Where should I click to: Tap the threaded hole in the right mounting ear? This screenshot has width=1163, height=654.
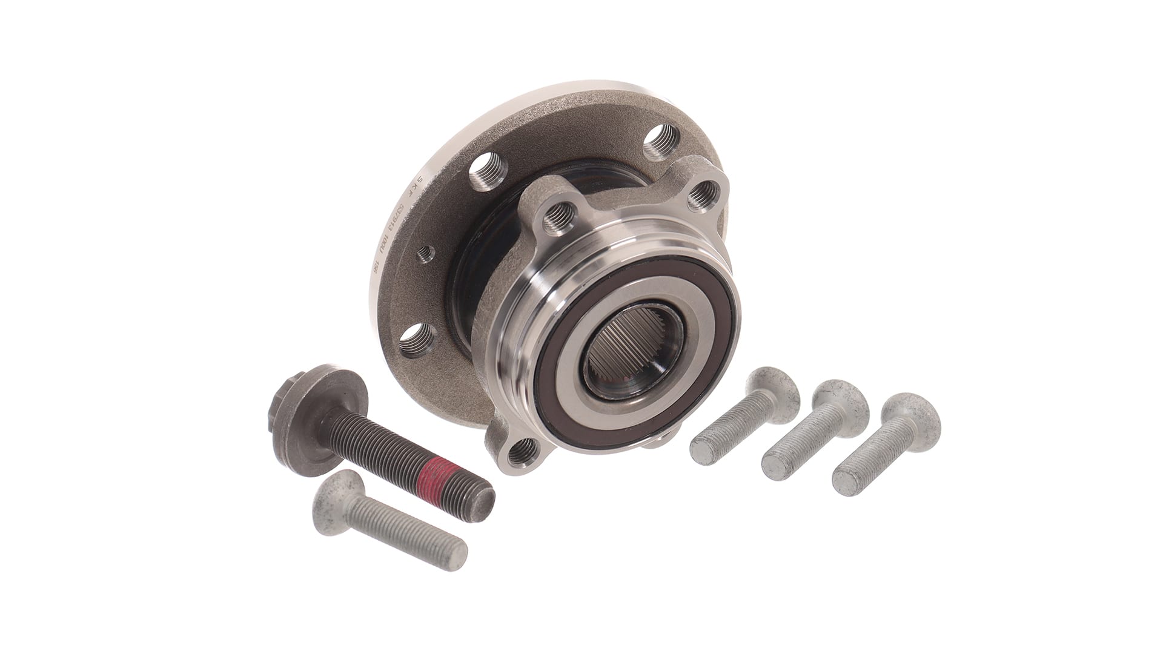pyautogui.click(x=704, y=193)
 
